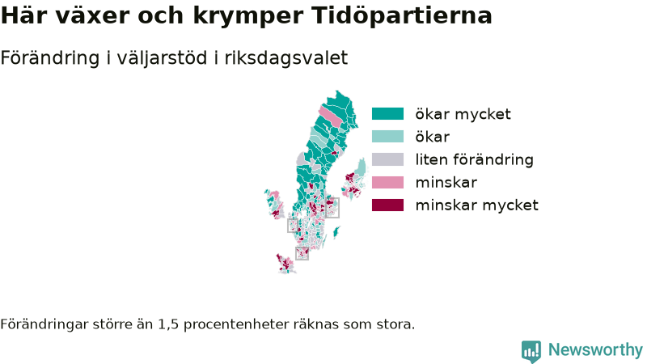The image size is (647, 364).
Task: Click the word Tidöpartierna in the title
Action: point(401,15)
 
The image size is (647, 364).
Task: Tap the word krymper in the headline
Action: point(248,16)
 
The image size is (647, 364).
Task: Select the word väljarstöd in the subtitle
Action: point(162,57)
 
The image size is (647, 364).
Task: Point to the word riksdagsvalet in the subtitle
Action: point(286,57)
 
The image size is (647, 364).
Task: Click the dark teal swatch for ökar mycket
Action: point(387,114)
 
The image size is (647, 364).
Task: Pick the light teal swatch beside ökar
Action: point(387,137)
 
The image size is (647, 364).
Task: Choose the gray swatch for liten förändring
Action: point(387,159)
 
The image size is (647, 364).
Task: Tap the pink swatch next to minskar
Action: point(387,182)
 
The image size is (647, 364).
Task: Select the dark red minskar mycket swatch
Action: point(387,205)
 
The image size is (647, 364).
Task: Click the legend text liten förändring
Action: point(474,159)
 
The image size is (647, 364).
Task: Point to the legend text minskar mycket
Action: point(476,205)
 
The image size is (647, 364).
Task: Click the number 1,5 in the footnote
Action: point(168,324)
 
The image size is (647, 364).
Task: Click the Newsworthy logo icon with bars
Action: point(531,351)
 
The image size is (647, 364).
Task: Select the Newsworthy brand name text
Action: point(595,350)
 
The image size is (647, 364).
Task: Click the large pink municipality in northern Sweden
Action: point(331,116)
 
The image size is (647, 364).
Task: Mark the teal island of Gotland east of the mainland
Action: point(336,232)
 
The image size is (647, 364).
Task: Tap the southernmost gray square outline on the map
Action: point(302,253)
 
